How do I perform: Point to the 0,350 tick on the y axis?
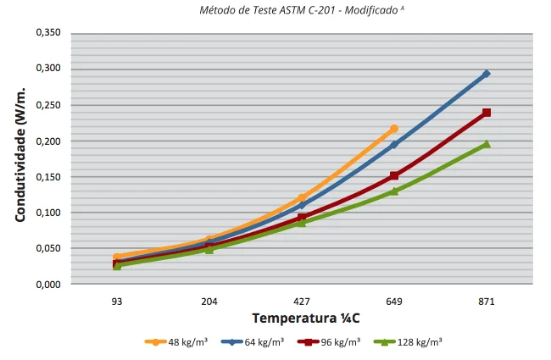pos(48,33)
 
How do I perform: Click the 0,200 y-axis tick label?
pos(48,141)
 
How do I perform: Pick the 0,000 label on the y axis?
pos(48,285)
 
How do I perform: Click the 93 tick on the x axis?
pos(117,302)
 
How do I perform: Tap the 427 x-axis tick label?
pos(302,302)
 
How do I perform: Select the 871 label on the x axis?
pos(487,302)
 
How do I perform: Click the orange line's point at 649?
pos(394,129)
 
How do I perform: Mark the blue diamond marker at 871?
pos(487,74)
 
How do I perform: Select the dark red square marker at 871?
pos(487,113)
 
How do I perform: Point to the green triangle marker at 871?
pos(487,145)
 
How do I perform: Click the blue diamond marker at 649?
pos(394,145)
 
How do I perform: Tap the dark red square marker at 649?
pos(394,176)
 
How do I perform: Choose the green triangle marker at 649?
pos(394,191)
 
